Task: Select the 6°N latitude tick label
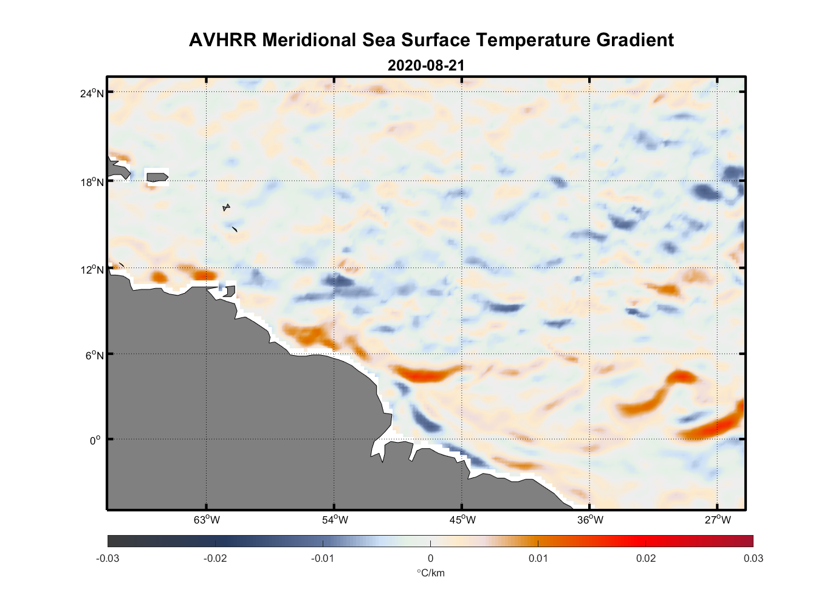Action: click(x=95, y=355)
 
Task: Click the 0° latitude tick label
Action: click(x=95, y=440)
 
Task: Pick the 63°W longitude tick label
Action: click(x=207, y=520)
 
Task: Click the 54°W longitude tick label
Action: click(x=335, y=520)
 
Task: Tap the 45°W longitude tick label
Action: click(x=462, y=520)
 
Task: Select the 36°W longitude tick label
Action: click(x=590, y=520)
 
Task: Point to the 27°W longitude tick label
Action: click(x=718, y=520)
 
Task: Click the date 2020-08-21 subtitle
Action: click(x=426, y=66)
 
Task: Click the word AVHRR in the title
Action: click(x=222, y=40)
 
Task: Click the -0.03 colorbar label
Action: click(x=108, y=558)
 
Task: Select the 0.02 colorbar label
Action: click(x=646, y=558)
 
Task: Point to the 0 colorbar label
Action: click(x=430, y=558)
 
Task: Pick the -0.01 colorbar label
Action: click(x=323, y=558)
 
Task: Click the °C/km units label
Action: click(x=430, y=573)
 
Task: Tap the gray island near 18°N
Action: click(x=157, y=177)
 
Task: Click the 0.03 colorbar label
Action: click(x=753, y=558)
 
